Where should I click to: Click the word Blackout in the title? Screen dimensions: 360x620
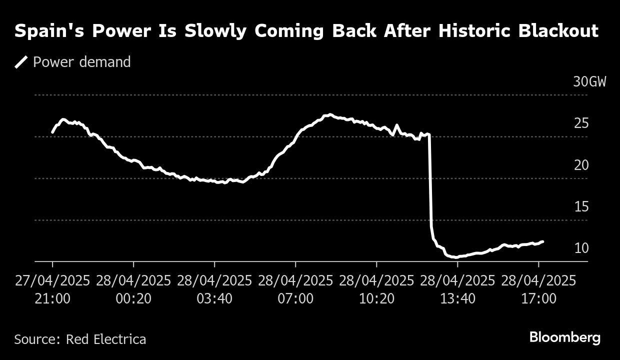coord(558,31)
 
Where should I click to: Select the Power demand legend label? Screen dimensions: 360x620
coord(81,62)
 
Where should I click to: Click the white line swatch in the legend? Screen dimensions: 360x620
coord(21,62)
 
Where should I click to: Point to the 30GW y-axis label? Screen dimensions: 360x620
coord(589,82)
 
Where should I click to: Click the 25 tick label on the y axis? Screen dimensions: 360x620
coord(581,123)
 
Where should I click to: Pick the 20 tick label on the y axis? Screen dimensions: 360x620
coord(581,165)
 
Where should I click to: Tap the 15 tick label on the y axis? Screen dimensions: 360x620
coord(581,206)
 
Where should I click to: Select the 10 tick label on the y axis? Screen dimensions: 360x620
coord(581,248)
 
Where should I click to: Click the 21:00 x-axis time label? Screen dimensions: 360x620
coord(52,299)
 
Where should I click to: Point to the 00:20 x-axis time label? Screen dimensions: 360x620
coord(133,299)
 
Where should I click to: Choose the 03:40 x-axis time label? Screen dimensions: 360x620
coord(214,299)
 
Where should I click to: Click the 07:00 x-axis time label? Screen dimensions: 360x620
coord(295,299)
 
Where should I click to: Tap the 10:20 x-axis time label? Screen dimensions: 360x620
coord(376,299)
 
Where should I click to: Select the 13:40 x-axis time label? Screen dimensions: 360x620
coord(457,299)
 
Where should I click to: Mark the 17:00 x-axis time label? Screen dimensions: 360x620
coord(538,299)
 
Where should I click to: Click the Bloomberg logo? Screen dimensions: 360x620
coord(565,338)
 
